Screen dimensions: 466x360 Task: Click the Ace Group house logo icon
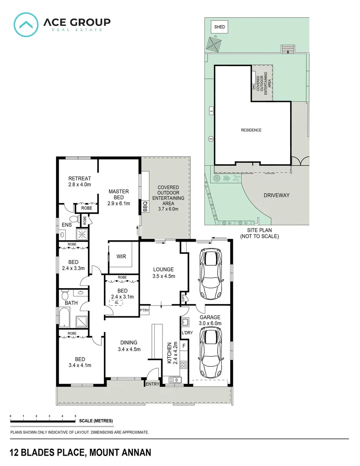click(x=25, y=24)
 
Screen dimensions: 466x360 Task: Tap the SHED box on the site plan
click(x=219, y=27)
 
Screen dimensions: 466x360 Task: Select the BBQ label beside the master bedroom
click(x=145, y=207)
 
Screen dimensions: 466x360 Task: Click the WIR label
click(x=122, y=256)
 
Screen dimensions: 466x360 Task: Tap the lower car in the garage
click(x=211, y=353)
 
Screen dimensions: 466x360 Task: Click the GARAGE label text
click(x=210, y=317)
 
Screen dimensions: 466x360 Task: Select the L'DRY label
click(x=187, y=333)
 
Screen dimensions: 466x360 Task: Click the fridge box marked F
click(x=184, y=346)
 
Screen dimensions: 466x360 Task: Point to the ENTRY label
click(x=153, y=384)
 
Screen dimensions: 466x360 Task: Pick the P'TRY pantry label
click(x=144, y=310)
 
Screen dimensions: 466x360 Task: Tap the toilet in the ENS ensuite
click(x=73, y=220)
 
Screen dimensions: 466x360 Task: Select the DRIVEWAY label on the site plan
click(x=276, y=195)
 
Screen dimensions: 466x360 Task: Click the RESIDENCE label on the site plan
click(x=251, y=130)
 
